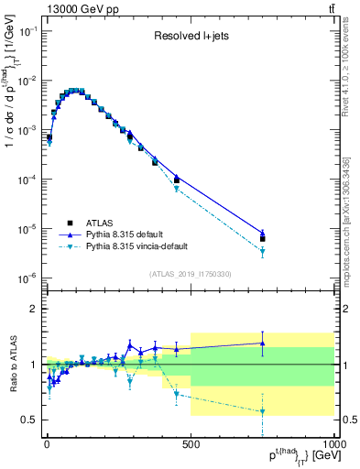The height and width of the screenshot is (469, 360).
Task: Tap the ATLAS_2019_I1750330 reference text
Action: pyautogui.click(x=189, y=274)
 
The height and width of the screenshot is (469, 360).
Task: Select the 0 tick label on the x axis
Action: pyautogui.click(x=47, y=444)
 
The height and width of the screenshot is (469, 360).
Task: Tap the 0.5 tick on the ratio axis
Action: pyautogui.click(x=30, y=420)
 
